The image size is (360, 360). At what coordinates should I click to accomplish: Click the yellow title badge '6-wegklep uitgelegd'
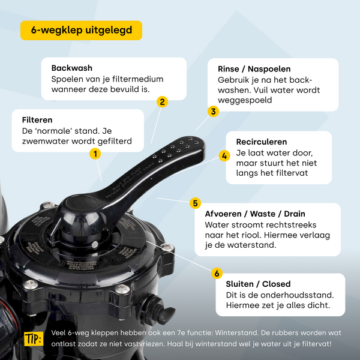click(81, 31)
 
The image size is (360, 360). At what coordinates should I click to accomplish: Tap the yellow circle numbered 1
click(95, 154)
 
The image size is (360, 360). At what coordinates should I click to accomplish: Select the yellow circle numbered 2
click(163, 102)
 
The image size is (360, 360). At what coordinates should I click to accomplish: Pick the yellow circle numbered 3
click(213, 112)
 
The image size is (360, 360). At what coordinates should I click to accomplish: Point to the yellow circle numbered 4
click(224, 156)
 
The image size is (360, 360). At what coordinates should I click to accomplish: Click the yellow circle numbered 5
click(196, 203)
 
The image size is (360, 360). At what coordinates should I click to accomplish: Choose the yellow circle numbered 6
click(217, 273)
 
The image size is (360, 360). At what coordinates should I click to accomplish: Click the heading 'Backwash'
click(72, 68)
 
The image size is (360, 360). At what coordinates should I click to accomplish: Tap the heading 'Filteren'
click(37, 120)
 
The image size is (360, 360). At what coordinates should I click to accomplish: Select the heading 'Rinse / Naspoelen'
click(254, 69)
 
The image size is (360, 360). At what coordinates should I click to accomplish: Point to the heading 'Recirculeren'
click(262, 142)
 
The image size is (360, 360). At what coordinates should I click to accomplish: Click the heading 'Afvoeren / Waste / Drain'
click(255, 214)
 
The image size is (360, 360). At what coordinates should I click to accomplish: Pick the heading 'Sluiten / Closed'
click(258, 284)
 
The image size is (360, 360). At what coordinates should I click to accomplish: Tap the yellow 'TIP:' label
click(34, 339)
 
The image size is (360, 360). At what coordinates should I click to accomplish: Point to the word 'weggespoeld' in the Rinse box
click(245, 100)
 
